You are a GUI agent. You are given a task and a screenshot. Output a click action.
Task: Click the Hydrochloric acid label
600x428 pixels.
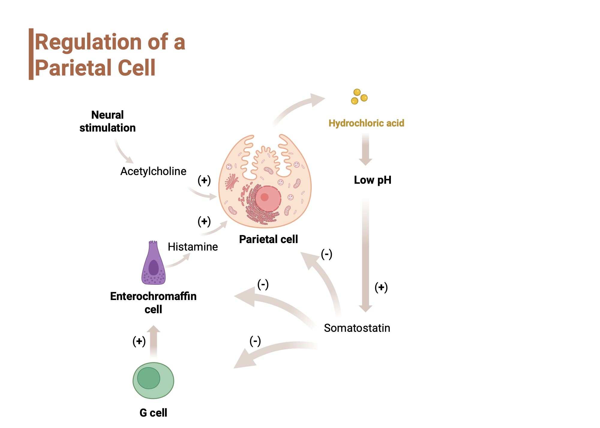pyautogui.click(x=366, y=123)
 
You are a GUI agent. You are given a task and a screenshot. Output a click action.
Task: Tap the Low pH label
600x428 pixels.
pyautogui.click(x=373, y=180)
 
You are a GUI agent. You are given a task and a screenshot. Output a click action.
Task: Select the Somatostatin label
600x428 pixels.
pyautogui.click(x=357, y=328)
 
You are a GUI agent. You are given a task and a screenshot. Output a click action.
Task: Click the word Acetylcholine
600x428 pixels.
pyautogui.click(x=153, y=171)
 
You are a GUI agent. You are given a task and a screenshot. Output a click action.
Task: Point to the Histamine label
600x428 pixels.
pyautogui.click(x=193, y=247)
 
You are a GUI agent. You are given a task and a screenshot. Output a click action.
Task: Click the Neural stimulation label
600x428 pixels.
pyautogui.click(x=107, y=121)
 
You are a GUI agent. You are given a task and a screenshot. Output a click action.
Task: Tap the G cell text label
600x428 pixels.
pyautogui.click(x=153, y=413)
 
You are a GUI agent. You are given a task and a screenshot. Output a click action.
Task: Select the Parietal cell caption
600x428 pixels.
pyautogui.click(x=268, y=239)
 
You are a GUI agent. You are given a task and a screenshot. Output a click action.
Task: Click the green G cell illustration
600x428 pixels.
pyautogui.click(x=153, y=380)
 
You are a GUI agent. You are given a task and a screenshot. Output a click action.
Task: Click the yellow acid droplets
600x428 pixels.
pyautogui.click(x=359, y=97)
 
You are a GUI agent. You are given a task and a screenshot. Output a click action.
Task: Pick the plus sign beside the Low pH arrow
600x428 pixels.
pyautogui.click(x=381, y=287)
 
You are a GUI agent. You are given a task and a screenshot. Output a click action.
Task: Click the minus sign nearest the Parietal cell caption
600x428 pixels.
pyautogui.click(x=326, y=254)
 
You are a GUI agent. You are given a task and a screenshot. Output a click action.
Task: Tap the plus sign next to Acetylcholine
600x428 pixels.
pyautogui.click(x=204, y=180)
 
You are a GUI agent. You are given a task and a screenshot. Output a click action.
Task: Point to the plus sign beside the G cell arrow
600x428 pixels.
pyautogui.click(x=139, y=341)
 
